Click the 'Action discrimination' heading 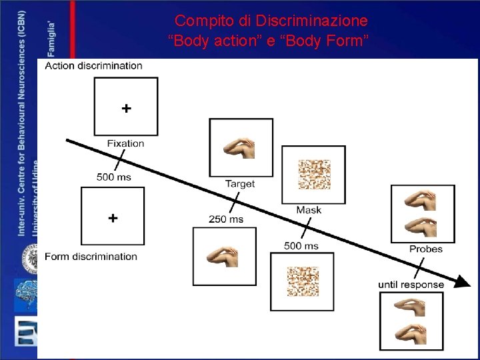(93, 65)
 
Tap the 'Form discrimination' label (91, 256)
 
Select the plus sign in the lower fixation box (113, 217)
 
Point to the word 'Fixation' (125, 143)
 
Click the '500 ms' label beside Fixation (114, 177)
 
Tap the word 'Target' (240, 183)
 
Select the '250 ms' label (226, 219)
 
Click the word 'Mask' (309, 210)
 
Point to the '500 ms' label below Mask (301, 246)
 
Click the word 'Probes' (426, 249)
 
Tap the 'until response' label (411, 284)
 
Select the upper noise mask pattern (313, 174)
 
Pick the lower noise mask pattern (302, 281)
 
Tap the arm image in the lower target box (223, 256)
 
